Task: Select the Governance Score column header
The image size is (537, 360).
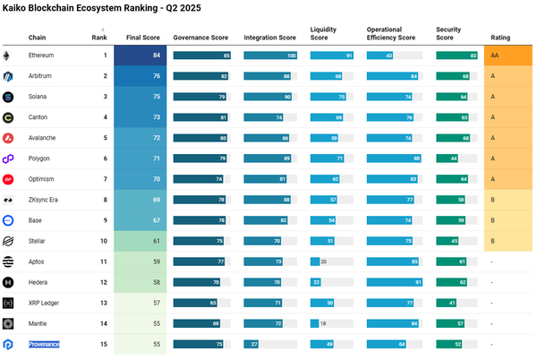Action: tap(200, 38)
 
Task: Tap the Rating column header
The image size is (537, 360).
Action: tap(500, 38)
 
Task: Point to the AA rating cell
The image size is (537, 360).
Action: tap(507, 56)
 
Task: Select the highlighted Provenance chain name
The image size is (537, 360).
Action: tap(44, 344)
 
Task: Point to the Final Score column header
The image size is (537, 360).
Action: tap(143, 38)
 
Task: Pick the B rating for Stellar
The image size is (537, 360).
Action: tap(507, 241)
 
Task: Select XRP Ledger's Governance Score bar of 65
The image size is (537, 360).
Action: tap(195, 303)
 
